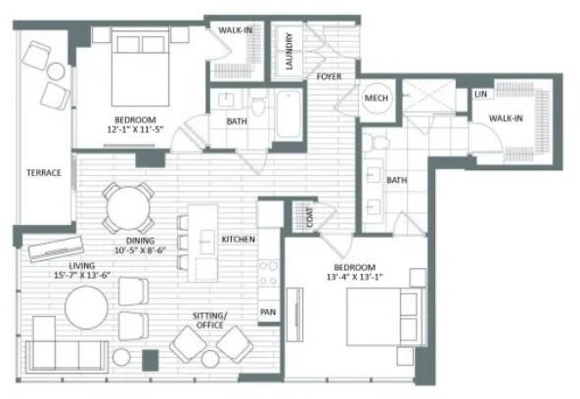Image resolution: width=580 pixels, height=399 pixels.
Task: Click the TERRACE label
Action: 44,173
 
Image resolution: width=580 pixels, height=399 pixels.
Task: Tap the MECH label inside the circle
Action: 377,98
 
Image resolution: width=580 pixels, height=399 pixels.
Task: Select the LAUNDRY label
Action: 290,51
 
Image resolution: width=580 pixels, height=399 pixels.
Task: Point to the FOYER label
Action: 329,76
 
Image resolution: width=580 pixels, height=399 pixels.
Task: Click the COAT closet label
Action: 310,217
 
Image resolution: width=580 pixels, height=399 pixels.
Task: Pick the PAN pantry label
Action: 268,312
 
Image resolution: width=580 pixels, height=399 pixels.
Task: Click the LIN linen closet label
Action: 480,94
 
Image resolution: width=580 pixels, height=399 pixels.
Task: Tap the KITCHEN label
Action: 239,240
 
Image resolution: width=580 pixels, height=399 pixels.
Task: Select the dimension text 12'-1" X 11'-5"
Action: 135,129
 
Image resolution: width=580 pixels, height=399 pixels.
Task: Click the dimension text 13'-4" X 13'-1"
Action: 354,277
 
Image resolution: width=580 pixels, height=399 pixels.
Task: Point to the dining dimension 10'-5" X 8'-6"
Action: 140,250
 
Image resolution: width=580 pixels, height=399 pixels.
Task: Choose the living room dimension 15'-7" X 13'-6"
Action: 82,275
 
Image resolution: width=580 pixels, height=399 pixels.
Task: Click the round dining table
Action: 128,208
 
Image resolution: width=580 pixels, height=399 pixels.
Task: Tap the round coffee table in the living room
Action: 86,307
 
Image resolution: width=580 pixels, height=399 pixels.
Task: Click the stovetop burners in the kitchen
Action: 269,273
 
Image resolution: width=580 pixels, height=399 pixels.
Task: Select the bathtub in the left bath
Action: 289,114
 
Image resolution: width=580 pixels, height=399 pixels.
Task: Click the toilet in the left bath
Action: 258,104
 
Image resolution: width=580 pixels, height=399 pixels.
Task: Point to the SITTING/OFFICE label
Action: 209,321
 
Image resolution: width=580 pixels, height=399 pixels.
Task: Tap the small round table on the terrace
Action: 56,71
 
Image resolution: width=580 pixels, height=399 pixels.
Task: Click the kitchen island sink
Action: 206,242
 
